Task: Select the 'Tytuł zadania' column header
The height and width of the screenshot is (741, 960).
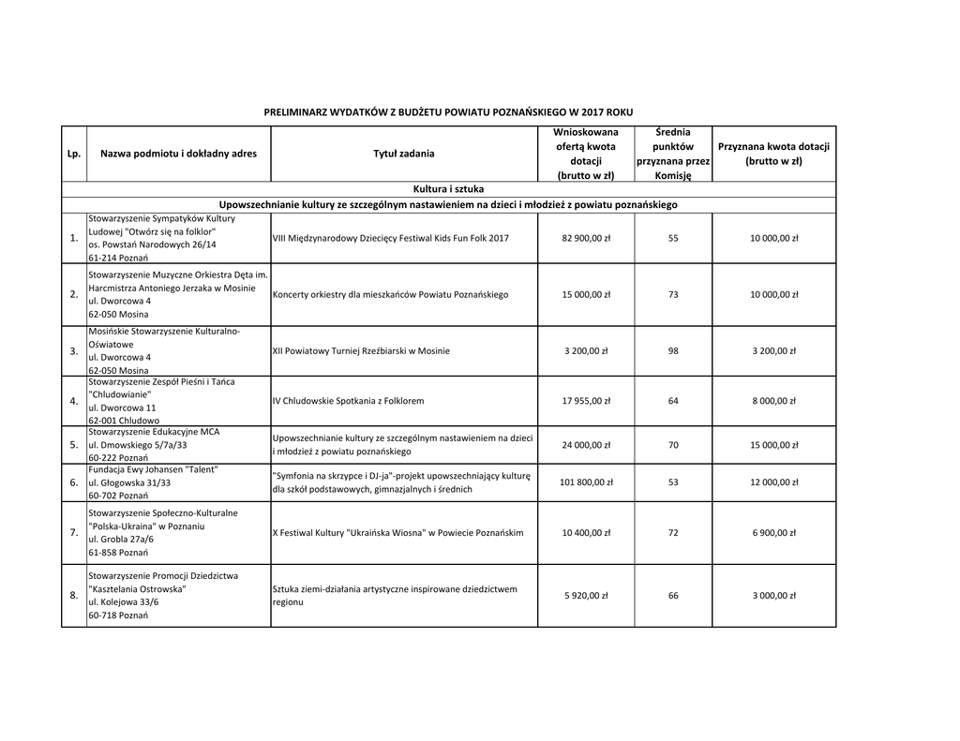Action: point(404,154)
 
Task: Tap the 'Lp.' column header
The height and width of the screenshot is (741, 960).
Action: point(74,154)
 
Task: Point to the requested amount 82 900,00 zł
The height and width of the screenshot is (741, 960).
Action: point(586,238)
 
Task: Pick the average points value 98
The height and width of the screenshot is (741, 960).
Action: point(673,351)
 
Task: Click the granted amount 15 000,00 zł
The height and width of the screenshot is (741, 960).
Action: point(773,445)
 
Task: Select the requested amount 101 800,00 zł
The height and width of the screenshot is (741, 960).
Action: point(586,482)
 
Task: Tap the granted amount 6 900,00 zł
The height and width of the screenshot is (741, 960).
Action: point(773,533)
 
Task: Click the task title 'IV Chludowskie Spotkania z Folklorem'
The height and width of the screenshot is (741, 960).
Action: point(348,401)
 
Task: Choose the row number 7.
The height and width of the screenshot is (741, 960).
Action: point(73,533)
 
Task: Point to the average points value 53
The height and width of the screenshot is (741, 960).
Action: point(673,482)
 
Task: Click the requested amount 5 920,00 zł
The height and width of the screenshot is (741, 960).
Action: point(586,596)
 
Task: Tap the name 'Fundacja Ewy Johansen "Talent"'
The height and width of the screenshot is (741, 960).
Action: point(154,469)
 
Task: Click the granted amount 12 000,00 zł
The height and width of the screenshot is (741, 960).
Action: point(773,482)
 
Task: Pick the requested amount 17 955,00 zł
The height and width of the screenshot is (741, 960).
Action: point(586,401)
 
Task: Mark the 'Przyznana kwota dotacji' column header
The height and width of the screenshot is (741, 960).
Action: point(773,154)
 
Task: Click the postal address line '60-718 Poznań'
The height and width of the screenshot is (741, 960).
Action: point(118,617)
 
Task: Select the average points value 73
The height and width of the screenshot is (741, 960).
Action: point(673,294)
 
